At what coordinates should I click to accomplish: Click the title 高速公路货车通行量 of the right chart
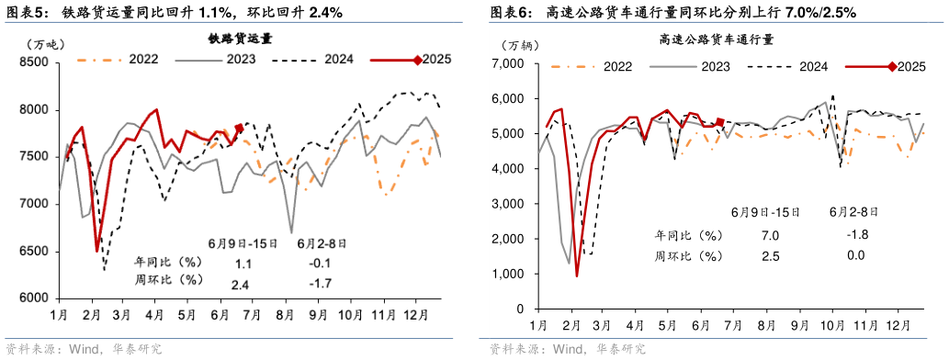716,40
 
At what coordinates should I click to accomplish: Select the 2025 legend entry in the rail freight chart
412,61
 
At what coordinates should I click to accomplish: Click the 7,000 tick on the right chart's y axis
507,64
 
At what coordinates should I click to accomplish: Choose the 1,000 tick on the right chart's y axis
507,275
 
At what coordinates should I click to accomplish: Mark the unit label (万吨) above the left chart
43,44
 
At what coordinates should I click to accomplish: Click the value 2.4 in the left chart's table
240,285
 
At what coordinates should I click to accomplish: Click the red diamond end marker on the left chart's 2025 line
240,129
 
